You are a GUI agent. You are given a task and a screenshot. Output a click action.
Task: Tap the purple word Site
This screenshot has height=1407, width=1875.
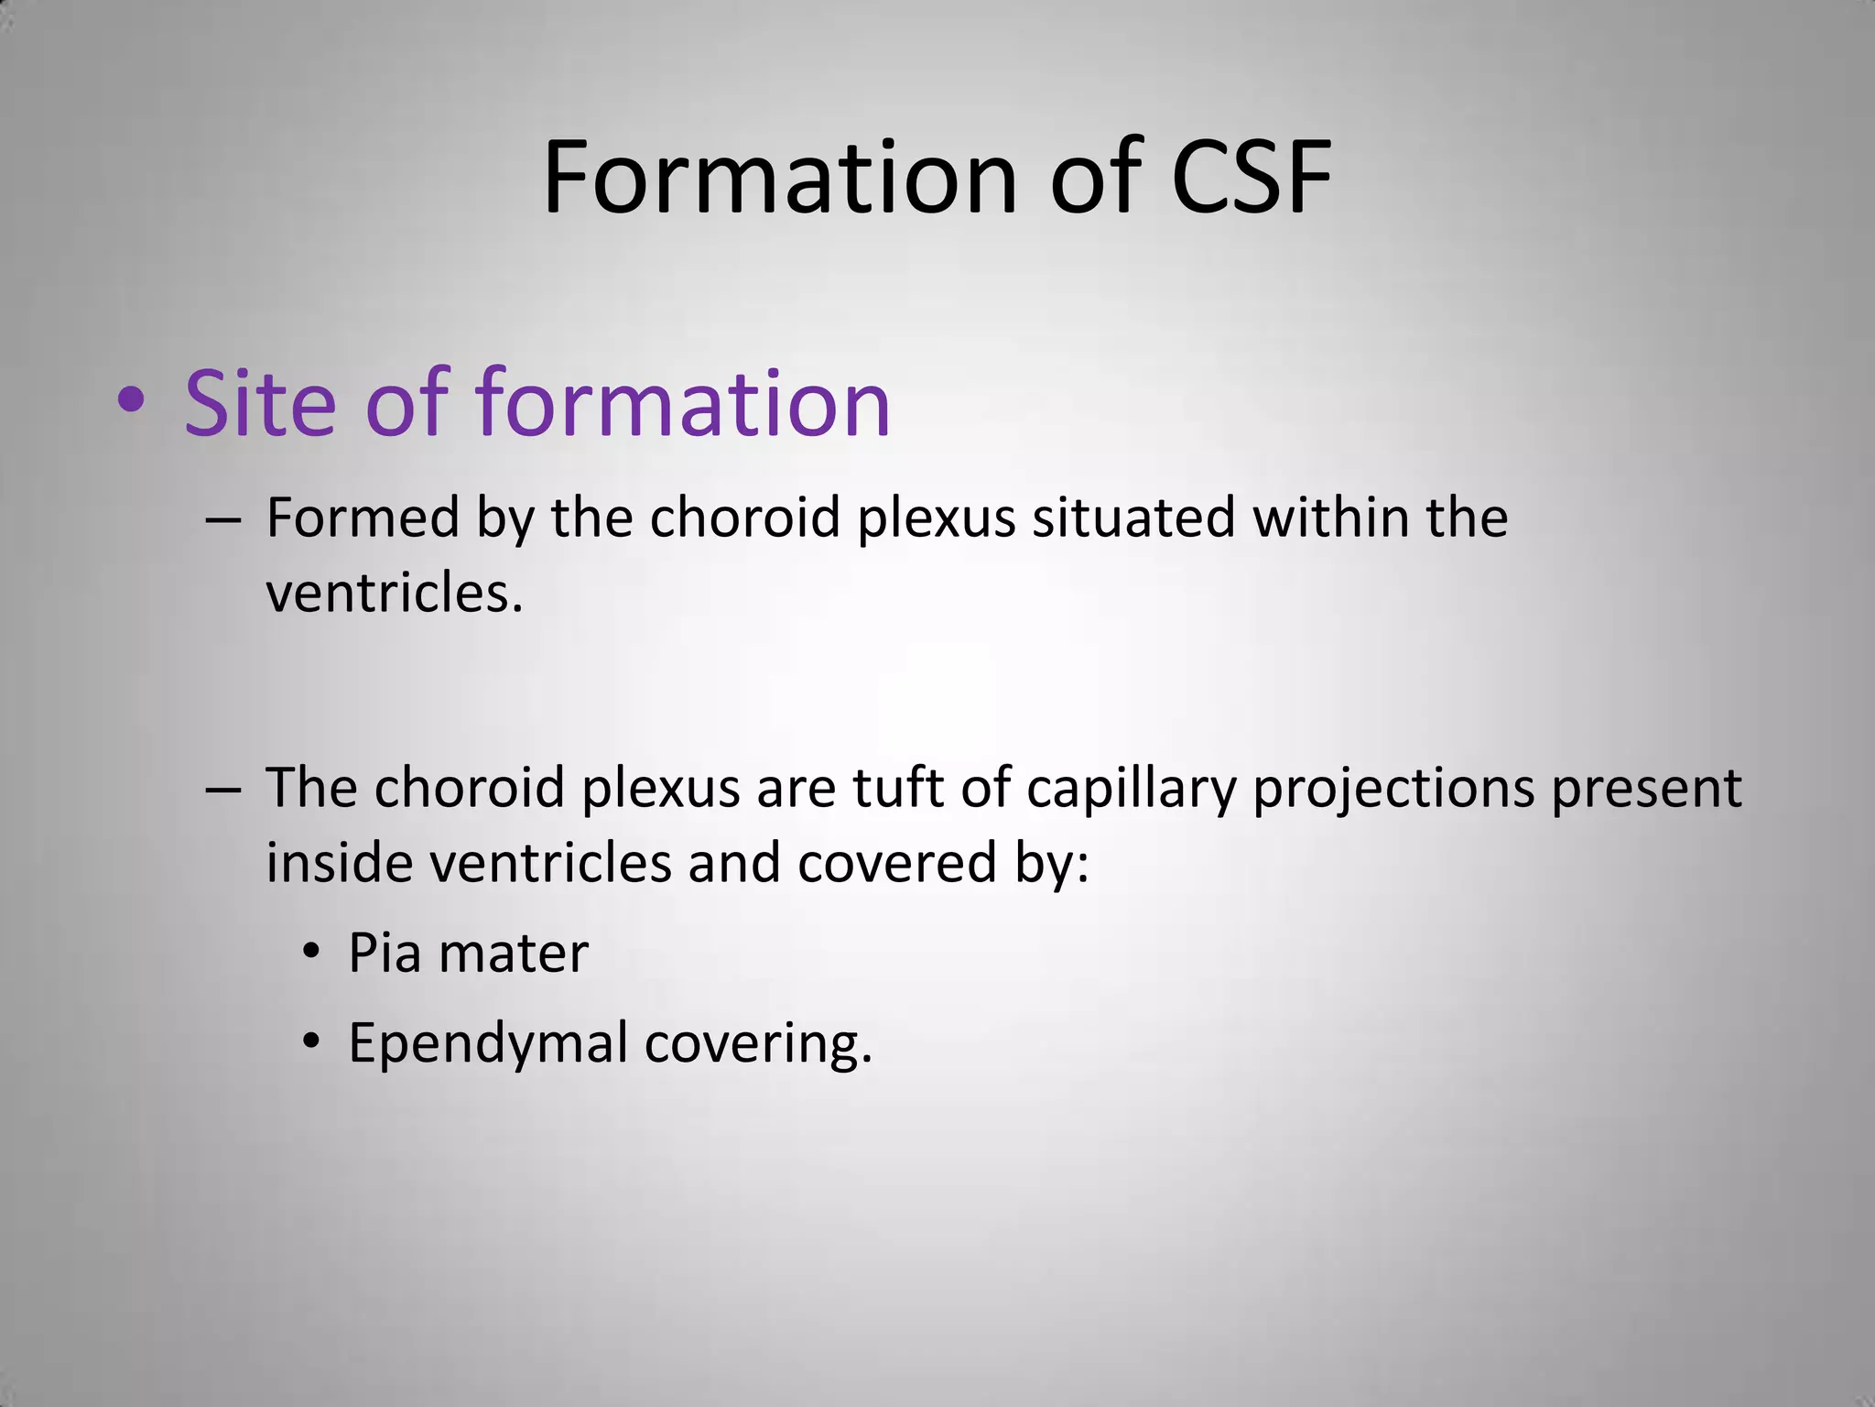point(260,403)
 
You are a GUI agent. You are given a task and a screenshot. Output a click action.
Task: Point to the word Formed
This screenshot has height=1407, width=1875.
point(363,518)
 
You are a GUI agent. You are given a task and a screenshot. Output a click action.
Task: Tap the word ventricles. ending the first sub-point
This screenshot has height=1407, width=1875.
point(394,594)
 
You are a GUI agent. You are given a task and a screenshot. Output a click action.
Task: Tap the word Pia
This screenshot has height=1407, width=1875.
point(384,954)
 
